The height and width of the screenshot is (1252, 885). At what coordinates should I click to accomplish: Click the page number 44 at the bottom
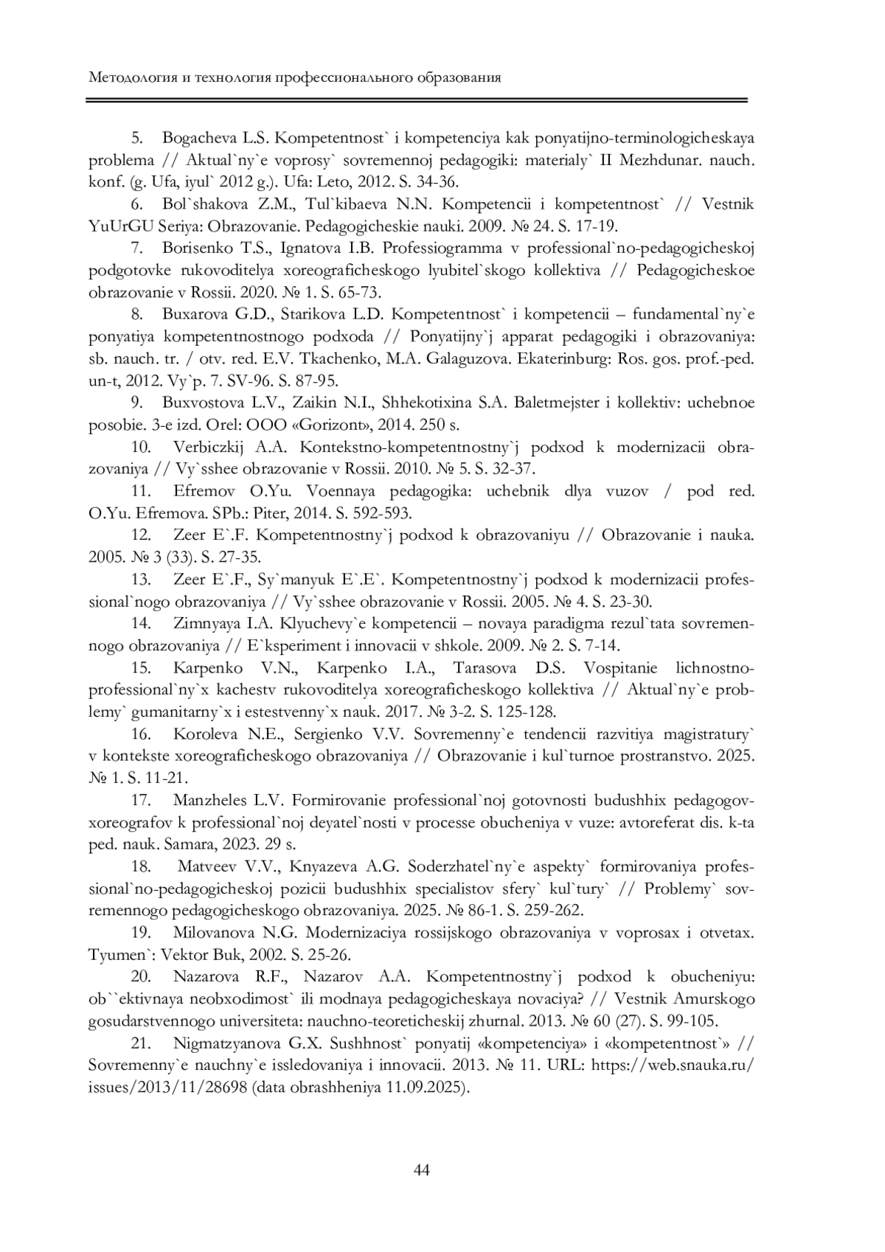422,1170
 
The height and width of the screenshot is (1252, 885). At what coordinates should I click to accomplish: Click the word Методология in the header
128,77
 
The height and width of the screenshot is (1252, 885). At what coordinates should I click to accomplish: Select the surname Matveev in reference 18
206,866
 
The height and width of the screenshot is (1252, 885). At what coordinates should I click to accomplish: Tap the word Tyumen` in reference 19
117,954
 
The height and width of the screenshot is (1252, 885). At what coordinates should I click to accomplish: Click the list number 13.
141,580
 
